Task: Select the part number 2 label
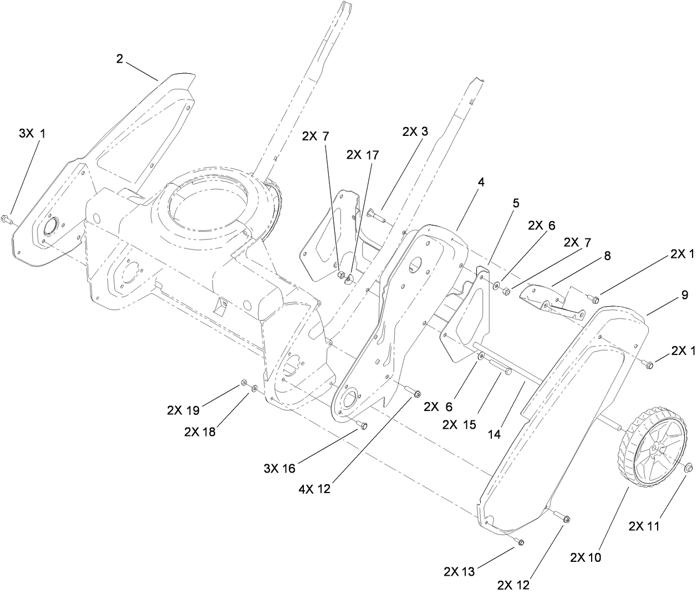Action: coord(120,59)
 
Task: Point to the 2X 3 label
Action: coord(415,131)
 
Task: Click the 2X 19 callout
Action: coord(182,411)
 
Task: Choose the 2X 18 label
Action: coord(200,432)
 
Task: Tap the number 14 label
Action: coord(494,435)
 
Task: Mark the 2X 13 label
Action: coord(459,571)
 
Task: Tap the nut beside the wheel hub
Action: coord(688,469)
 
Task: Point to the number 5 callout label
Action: coord(516,204)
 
